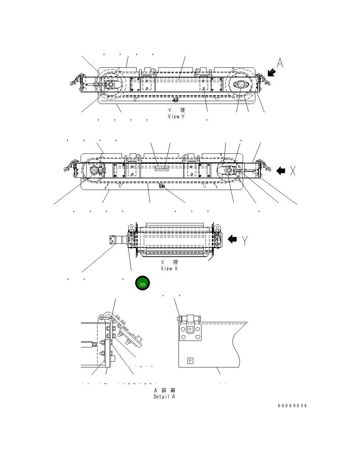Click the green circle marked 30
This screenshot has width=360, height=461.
tap(142, 284)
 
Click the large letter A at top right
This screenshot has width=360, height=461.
tap(280, 63)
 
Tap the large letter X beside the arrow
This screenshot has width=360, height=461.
tap(293, 171)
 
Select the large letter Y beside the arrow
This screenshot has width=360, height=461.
tap(245, 240)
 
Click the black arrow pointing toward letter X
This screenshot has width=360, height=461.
tap(281, 171)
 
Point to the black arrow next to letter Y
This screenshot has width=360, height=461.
tap(232, 239)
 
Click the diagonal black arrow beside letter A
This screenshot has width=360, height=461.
tap(272, 73)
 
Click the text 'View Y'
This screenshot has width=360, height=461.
tap(176, 117)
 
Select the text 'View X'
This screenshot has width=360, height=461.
tap(169, 268)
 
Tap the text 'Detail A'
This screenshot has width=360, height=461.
tap(165, 396)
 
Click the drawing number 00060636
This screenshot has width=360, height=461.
tap(292, 406)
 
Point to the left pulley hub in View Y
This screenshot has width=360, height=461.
tap(110, 85)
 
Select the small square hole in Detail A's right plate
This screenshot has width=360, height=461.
tap(190, 361)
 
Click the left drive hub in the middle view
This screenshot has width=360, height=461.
tap(95, 171)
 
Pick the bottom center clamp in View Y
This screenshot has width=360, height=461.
tap(175, 99)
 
